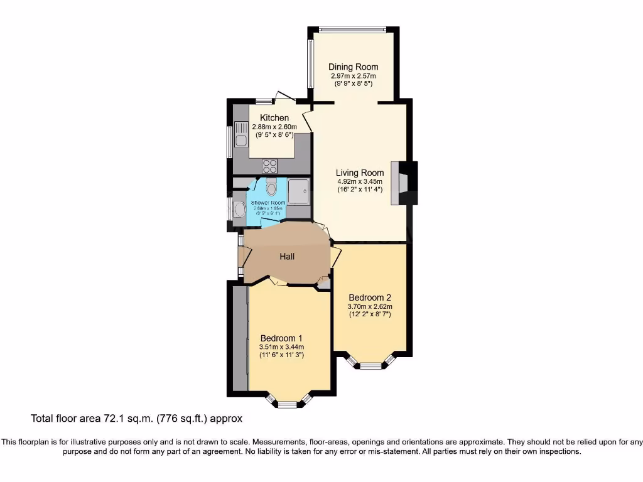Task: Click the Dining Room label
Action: pyautogui.click(x=354, y=67)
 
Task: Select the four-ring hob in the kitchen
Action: pyautogui.click(x=270, y=166)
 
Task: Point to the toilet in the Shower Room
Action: pyautogui.click(x=271, y=187)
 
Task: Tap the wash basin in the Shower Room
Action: pyautogui.click(x=239, y=209)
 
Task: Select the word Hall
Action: pyautogui.click(x=287, y=256)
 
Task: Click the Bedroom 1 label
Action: pyautogui.click(x=281, y=338)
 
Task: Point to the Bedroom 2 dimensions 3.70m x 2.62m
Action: pyautogui.click(x=370, y=306)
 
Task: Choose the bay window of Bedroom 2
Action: pyautogui.click(x=370, y=363)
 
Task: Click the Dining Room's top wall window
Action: pyautogui.click(x=352, y=28)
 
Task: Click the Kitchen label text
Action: pyautogui.click(x=274, y=118)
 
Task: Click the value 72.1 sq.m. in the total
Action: pyautogui.click(x=117, y=418)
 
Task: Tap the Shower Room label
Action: pyautogui.click(x=268, y=203)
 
